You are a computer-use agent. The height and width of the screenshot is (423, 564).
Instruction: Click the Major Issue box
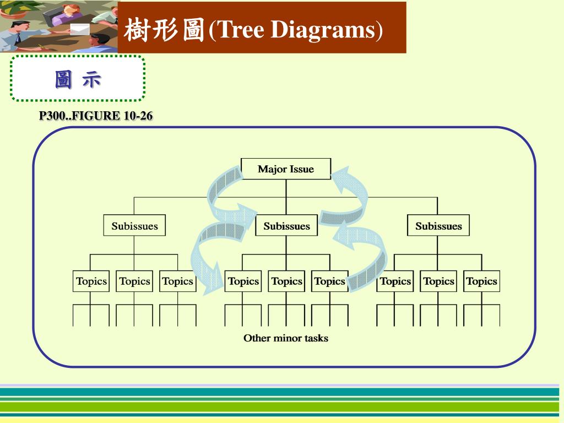(286, 169)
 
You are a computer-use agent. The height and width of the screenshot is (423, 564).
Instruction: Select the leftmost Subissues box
(134, 226)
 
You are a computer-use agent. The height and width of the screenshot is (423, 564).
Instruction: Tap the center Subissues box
(286, 226)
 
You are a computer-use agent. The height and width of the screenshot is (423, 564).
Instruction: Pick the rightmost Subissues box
(438, 226)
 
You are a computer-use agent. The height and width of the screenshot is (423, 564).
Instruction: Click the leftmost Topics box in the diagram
(91, 281)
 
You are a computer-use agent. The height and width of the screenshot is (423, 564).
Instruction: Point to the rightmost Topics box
(481, 281)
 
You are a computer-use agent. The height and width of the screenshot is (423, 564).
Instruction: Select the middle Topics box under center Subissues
(286, 281)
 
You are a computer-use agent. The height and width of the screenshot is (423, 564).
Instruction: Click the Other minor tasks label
(286, 338)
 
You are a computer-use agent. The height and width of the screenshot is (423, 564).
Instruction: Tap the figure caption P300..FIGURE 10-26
(96, 116)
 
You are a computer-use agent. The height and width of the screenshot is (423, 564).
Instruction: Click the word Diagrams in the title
(323, 30)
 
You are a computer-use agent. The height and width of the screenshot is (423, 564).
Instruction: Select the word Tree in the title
(238, 30)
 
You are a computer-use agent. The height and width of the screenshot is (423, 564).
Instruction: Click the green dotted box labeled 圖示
(78, 79)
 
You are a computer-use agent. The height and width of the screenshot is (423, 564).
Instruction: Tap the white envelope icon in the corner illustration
(80, 29)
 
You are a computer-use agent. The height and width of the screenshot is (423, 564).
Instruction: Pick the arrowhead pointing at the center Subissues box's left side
(248, 211)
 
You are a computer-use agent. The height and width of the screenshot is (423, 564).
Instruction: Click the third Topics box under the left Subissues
(177, 281)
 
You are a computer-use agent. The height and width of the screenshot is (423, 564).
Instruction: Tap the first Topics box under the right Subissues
(395, 281)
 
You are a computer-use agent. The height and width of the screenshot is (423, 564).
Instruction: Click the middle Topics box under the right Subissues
(438, 281)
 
